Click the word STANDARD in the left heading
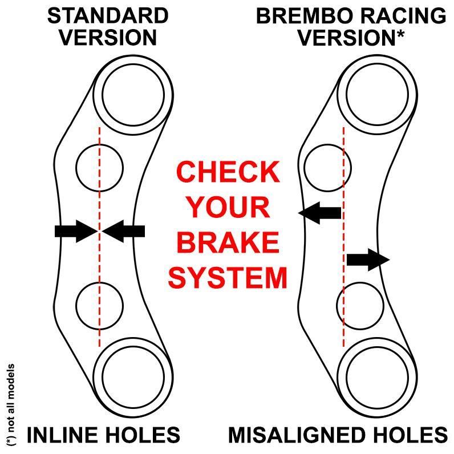pos(107,15)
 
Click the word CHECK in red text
pos(228,172)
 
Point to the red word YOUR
pos(229,207)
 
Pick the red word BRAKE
pos(229,242)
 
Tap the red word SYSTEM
pos(228,278)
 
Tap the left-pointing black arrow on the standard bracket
pos(125,231)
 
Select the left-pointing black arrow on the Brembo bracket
pos(320,213)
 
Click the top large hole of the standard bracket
pos(132,93)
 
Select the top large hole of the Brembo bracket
pos(376,93)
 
